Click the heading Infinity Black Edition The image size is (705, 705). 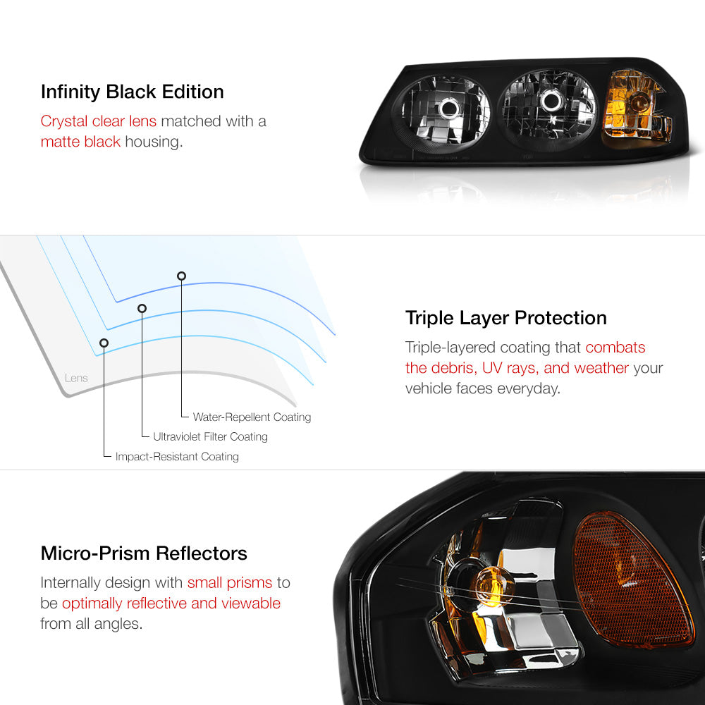[x=133, y=92]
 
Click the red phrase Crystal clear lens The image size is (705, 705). [x=99, y=121]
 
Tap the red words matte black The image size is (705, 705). [x=80, y=142]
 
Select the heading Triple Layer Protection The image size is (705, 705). [x=505, y=319]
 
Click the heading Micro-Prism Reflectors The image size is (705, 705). [x=144, y=553]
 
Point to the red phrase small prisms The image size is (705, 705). [x=230, y=583]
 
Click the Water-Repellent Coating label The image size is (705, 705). [x=252, y=417]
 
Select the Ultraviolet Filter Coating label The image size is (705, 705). [x=210, y=436]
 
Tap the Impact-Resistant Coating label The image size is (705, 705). [x=177, y=456]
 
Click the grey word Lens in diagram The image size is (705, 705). [x=76, y=378]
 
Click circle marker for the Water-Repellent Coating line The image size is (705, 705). [x=181, y=276]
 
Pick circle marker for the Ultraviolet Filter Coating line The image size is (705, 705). [x=142, y=309]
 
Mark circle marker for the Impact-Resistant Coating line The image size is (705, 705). [x=104, y=343]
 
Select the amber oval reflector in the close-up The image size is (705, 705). [x=632, y=580]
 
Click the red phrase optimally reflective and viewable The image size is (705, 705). [x=171, y=603]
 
